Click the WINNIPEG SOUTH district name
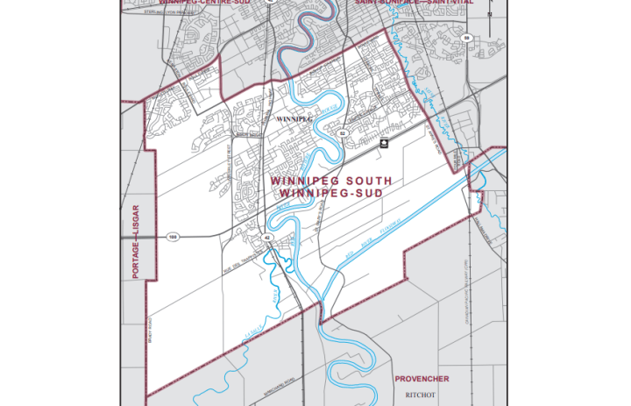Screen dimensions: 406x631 pos(330,182)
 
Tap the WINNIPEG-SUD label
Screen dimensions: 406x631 pos(330,192)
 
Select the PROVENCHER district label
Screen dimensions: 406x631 pos(422,379)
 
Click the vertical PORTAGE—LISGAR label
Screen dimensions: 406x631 pos(136,241)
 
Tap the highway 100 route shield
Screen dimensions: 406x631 pos(173,238)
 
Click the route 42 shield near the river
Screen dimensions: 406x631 pos(266,238)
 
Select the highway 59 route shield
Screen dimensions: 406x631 pos(467,38)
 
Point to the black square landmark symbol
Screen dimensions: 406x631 pos(383,142)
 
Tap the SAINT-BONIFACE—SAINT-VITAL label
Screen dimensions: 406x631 pos(415,3)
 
